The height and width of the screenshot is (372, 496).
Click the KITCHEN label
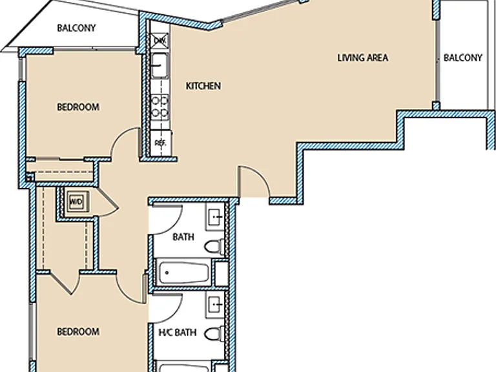(x=203, y=86)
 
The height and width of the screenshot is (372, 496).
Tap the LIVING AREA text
(x=362, y=57)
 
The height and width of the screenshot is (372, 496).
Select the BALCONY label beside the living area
(x=462, y=57)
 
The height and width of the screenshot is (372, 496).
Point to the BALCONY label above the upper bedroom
(x=76, y=28)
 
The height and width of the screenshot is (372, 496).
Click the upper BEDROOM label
(x=78, y=107)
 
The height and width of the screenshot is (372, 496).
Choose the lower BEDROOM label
(x=78, y=331)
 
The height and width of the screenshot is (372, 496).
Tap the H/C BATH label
(x=178, y=332)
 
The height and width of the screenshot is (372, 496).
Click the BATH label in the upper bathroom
(x=183, y=236)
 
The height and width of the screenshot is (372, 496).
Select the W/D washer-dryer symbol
(x=76, y=201)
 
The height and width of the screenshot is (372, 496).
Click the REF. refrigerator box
(x=160, y=143)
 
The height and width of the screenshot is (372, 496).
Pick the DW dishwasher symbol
(x=160, y=40)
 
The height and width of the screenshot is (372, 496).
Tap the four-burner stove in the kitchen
(x=160, y=107)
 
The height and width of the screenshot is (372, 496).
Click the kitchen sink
(x=160, y=66)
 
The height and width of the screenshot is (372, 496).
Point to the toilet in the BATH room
(x=214, y=247)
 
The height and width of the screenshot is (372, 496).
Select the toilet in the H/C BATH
(x=214, y=334)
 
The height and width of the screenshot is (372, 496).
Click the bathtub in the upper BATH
(x=183, y=273)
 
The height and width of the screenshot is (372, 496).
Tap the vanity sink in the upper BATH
(x=216, y=217)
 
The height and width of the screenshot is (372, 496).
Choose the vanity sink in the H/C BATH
(x=216, y=305)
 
